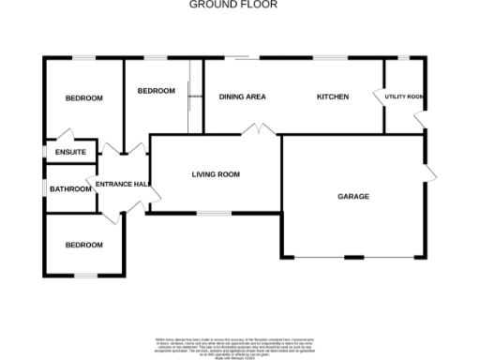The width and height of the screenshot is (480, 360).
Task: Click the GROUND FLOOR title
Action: (233, 5)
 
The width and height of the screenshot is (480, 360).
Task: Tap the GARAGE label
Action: (353, 197)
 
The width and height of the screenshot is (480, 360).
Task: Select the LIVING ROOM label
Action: (217, 174)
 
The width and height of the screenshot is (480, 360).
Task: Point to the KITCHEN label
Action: (333, 97)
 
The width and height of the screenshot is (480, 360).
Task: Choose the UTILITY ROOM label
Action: (405, 97)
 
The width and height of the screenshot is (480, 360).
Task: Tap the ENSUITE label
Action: (71, 152)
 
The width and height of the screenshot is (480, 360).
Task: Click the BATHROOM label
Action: (71, 189)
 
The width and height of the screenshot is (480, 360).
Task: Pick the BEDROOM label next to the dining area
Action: (156, 91)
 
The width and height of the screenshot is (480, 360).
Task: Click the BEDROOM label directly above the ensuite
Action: (83, 98)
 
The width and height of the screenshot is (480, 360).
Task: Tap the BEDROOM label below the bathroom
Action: (83, 245)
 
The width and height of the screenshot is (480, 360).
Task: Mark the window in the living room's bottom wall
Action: (212, 214)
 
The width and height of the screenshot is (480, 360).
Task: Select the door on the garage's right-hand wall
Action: (429, 171)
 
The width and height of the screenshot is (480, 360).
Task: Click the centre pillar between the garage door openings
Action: (354, 258)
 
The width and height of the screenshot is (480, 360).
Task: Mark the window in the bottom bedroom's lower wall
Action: (86, 275)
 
